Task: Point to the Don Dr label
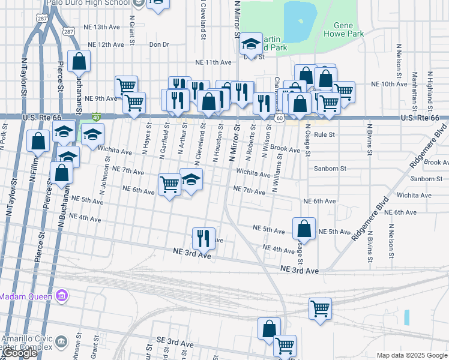(x=159, y=44)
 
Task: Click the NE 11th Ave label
(x=213, y=62)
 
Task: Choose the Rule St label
(x=324, y=135)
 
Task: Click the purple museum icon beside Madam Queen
(x=61, y=296)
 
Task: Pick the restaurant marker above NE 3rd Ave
(x=203, y=238)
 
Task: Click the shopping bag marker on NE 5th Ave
(x=304, y=228)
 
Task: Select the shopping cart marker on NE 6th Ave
(x=170, y=184)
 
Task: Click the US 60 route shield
(x=280, y=118)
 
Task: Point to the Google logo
(x=20, y=353)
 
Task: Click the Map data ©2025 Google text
(x=412, y=355)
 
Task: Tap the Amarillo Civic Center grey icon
(x=61, y=341)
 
